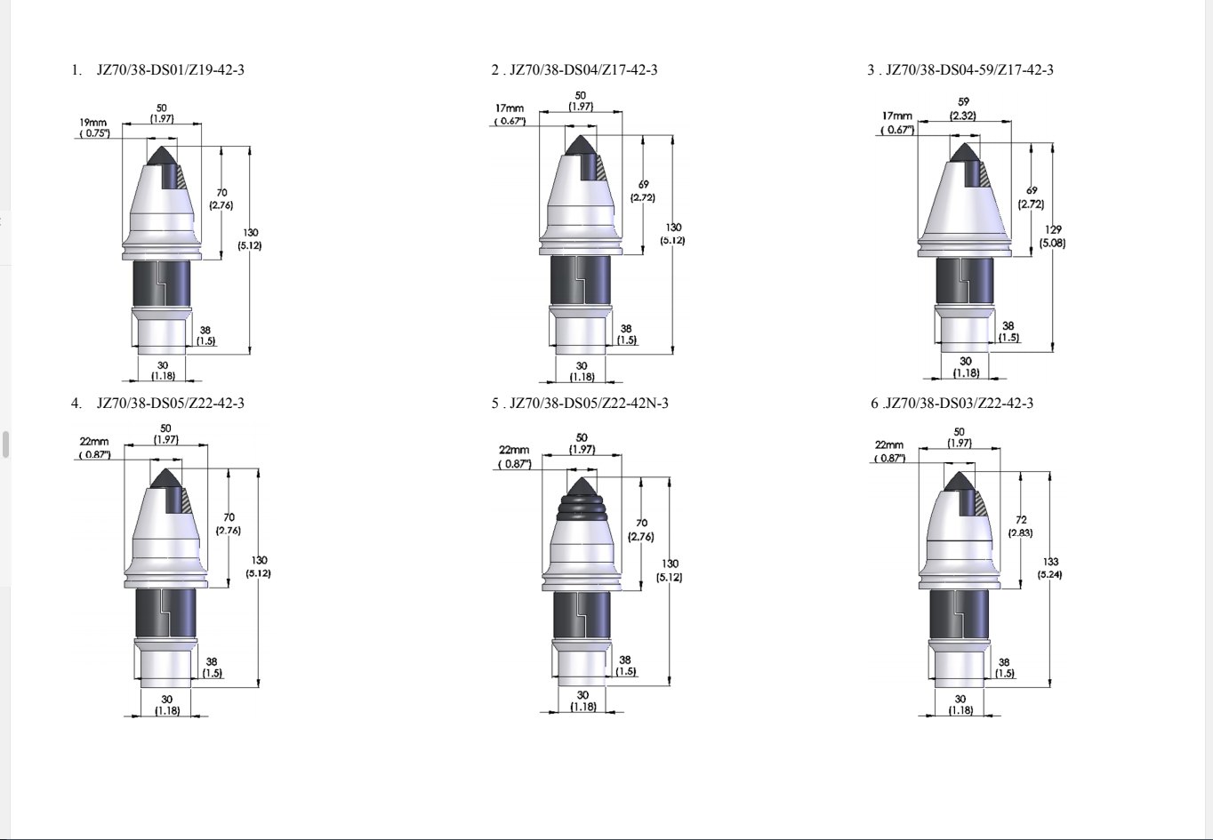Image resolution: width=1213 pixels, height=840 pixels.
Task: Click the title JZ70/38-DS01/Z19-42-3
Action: click(170, 70)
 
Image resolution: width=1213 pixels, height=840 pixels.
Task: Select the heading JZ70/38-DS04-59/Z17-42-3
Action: click(969, 70)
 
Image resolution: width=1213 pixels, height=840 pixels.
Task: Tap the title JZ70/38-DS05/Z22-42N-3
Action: click(589, 404)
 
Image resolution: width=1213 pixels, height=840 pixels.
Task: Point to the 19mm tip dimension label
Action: click(94, 128)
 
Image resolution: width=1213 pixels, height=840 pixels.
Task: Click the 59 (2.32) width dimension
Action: click(963, 108)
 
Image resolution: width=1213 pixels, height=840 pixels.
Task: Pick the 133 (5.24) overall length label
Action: click(1049, 568)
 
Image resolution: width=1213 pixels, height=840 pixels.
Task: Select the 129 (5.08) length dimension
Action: click(1052, 236)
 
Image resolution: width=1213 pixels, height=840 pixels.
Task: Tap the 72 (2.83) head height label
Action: click(1020, 526)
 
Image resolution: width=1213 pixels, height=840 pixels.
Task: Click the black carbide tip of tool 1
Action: click(161, 156)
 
